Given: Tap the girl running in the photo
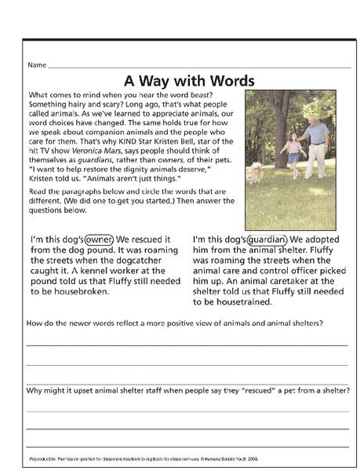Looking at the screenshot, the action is (293, 153).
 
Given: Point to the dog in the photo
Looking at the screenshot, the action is (256, 172).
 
